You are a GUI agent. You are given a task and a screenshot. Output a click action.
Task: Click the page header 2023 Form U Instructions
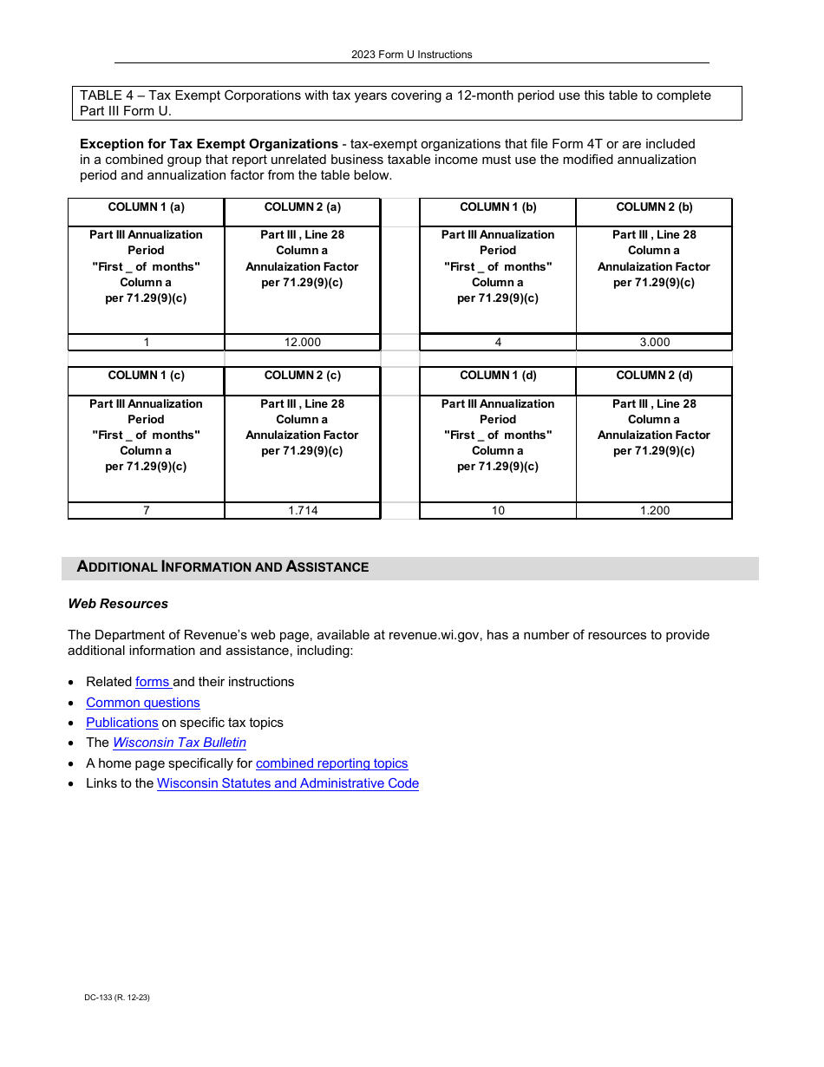[x=411, y=55]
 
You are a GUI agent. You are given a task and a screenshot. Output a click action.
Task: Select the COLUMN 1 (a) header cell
[x=146, y=207]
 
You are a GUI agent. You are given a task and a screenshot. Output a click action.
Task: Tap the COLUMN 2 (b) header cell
[x=654, y=207]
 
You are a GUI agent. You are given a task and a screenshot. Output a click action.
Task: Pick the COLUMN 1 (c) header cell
[x=146, y=376]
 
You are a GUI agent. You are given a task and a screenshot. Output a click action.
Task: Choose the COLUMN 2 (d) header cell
[x=654, y=376]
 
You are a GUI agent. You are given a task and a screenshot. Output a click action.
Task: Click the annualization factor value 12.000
[x=302, y=343]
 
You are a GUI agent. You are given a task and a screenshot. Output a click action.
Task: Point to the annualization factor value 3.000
[x=654, y=343]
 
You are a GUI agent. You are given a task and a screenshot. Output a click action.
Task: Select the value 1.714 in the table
[x=302, y=511]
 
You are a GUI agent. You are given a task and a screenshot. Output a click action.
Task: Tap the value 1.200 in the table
[x=654, y=511]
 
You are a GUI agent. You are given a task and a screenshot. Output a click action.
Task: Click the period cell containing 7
[x=146, y=511]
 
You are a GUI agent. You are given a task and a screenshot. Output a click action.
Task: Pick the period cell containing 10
[x=498, y=511]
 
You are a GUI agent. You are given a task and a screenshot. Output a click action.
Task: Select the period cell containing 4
[x=498, y=343]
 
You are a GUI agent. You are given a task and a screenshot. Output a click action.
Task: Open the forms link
[x=153, y=682]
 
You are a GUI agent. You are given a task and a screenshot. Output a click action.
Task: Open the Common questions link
[x=142, y=703]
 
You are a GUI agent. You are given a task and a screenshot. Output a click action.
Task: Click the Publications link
[x=121, y=723]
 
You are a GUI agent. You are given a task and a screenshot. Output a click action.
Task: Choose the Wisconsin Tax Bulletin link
[x=179, y=743]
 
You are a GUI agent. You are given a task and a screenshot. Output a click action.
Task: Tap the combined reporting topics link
[x=331, y=763]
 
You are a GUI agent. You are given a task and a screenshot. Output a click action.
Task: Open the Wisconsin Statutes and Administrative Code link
[x=287, y=783]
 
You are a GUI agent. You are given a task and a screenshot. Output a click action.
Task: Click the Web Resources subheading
[x=118, y=604]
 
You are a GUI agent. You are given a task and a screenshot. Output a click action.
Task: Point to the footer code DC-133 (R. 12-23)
[x=117, y=998]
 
